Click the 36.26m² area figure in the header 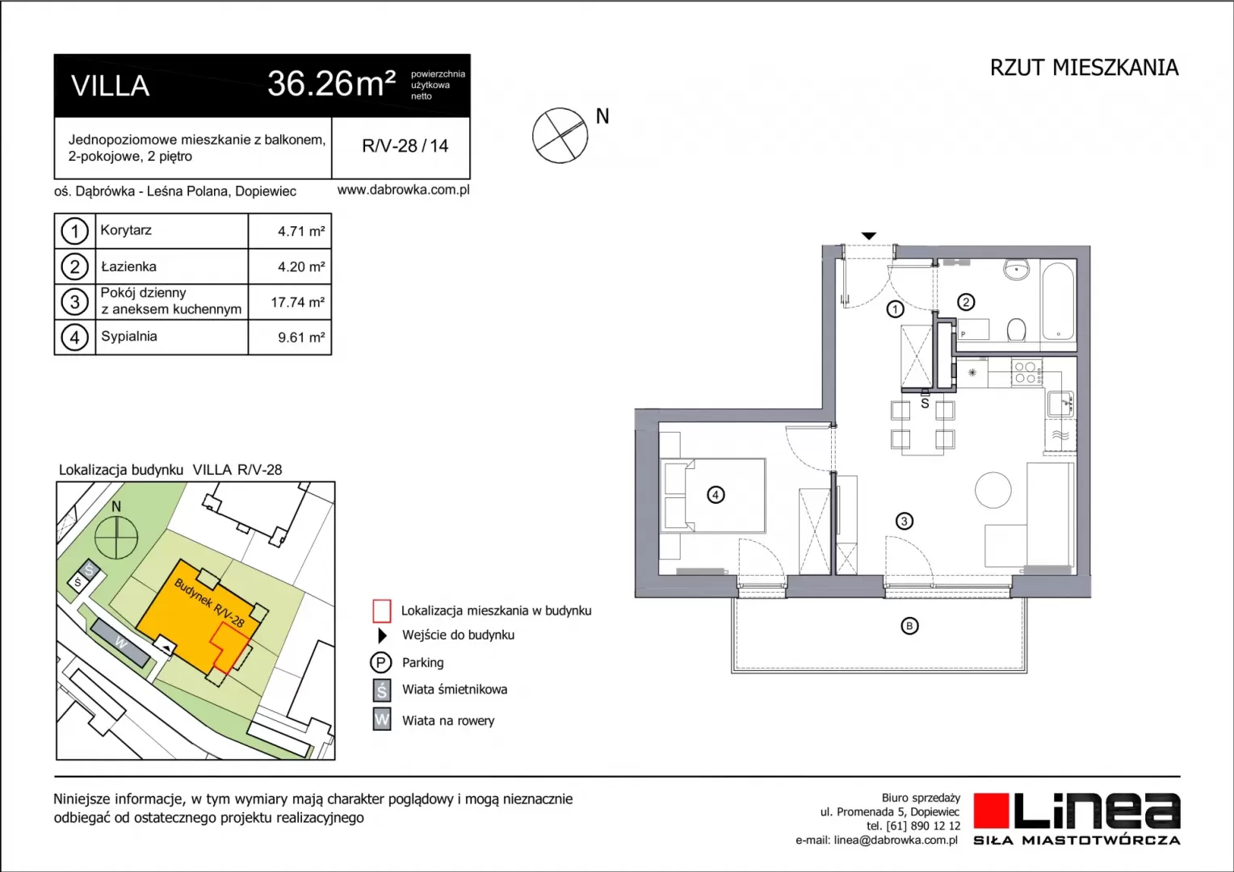pyautogui.click(x=331, y=84)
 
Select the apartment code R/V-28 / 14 pyautogui.click(x=405, y=146)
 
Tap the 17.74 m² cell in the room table pyautogui.click(x=297, y=302)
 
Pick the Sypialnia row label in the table pyautogui.click(x=129, y=337)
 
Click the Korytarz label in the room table pyautogui.click(x=126, y=230)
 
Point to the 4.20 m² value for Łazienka pyautogui.click(x=300, y=266)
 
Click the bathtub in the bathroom pyautogui.click(x=1058, y=301)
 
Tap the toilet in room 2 pyautogui.click(x=1016, y=329)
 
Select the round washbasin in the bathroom pyautogui.click(x=1017, y=270)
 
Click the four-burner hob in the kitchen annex pyautogui.click(x=1027, y=372)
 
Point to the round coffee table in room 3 pyautogui.click(x=993, y=490)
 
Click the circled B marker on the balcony pyautogui.click(x=909, y=626)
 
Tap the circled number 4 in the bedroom pyautogui.click(x=715, y=495)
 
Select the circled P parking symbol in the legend pyautogui.click(x=380, y=662)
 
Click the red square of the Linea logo pyautogui.click(x=990, y=811)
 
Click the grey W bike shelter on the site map pyautogui.click(x=120, y=643)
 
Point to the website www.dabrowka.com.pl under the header pyautogui.click(x=403, y=190)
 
